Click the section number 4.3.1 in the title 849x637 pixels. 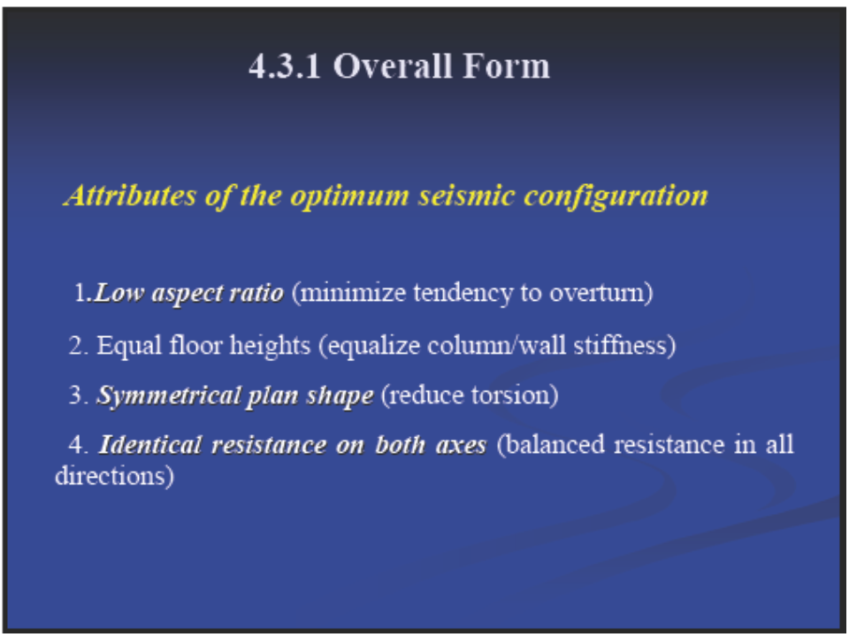(285, 66)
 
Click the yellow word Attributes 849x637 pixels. (131, 195)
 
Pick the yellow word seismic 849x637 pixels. (467, 195)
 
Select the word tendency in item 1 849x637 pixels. (463, 294)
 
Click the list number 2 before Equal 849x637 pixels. (76, 346)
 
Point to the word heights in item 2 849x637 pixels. (270, 346)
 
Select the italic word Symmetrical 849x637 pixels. (168, 396)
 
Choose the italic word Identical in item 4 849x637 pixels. (150, 445)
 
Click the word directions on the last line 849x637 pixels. (111, 476)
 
